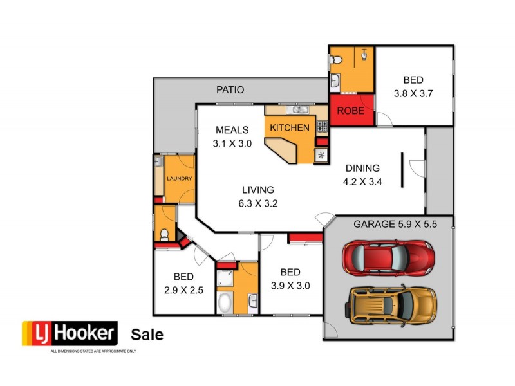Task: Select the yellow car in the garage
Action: point(392,304)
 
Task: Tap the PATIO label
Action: point(230,90)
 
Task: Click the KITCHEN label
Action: point(289,127)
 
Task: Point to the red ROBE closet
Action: point(351,110)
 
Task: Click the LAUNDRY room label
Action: point(179,178)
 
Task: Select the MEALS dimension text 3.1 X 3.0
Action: point(232,144)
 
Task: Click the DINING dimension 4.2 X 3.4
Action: point(362,181)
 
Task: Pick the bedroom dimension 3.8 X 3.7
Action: point(413,93)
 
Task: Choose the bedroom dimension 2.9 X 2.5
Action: point(183,290)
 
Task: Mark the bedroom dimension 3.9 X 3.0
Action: point(290,286)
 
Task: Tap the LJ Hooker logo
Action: point(70,334)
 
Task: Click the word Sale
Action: point(147,335)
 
